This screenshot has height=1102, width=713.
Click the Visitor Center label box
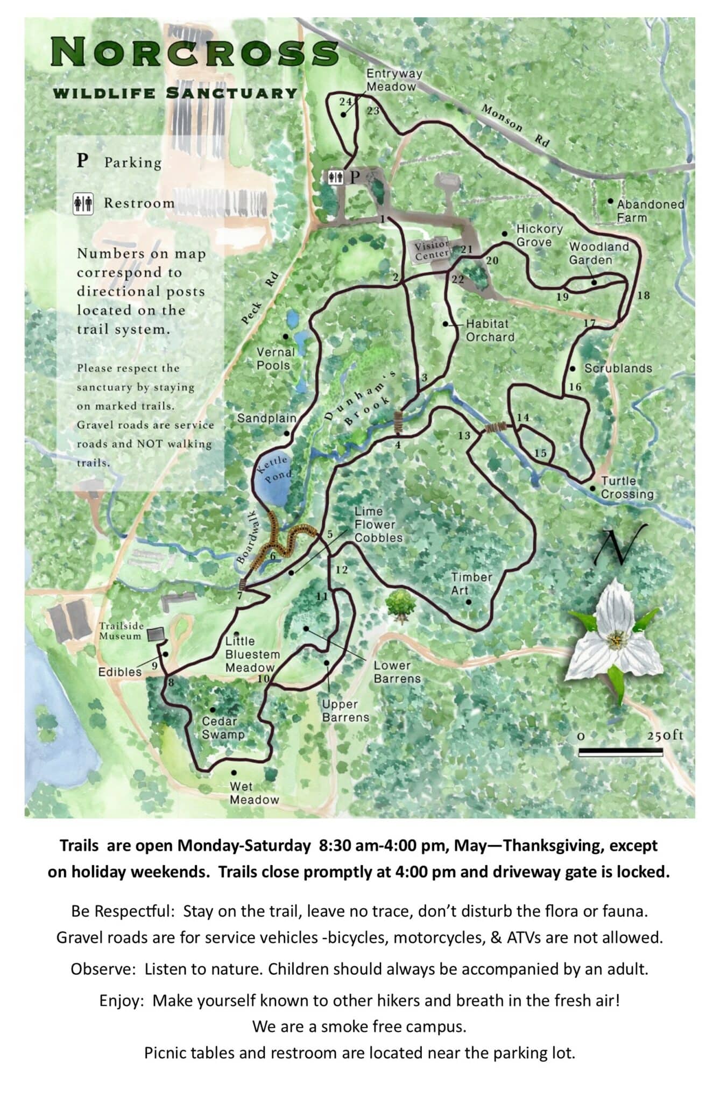pos(432,251)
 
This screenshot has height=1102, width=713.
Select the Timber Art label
pos(471,583)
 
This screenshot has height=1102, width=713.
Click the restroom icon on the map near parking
pos(336,177)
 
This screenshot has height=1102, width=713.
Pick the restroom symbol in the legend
pos(83,204)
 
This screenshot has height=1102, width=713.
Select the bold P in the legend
pos(82,160)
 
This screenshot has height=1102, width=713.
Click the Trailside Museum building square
pos(157,635)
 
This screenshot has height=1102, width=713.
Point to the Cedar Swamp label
pos(223,728)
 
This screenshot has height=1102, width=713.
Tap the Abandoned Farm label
pos(650,211)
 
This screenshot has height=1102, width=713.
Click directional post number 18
pos(643,295)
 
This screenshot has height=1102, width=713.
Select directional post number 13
pos(464,435)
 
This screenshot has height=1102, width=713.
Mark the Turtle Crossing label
pos(626,488)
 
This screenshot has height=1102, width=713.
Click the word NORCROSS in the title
pos(194,53)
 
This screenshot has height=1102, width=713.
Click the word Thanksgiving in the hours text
pos(553,845)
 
